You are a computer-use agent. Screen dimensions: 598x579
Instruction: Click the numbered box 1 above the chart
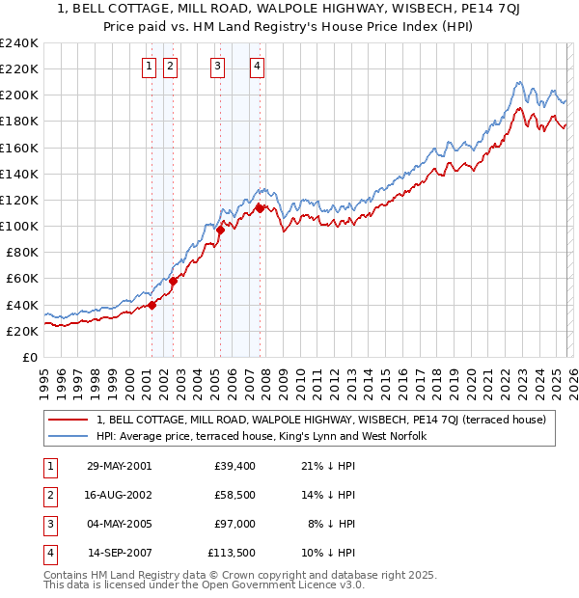tap(151, 67)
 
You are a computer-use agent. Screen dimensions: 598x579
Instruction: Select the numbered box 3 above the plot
tap(217, 67)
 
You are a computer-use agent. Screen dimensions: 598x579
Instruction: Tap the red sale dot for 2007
tap(260, 207)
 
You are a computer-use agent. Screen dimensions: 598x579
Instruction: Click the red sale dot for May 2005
tap(220, 230)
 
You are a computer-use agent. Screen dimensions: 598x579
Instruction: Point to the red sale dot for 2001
tap(152, 305)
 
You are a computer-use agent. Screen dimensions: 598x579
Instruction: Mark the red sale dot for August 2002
tap(174, 281)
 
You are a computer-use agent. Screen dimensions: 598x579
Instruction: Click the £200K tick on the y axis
tap(18, 95)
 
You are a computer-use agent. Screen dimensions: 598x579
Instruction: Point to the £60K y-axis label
tap(21, 279)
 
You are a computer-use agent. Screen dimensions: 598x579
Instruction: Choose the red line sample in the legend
tap(69, 420)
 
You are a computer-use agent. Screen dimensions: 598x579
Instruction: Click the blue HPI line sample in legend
tap(69, 436)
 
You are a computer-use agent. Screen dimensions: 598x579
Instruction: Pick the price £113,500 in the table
tap(231, 553)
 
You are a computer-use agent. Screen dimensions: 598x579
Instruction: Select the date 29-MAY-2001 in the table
tap(119, 466)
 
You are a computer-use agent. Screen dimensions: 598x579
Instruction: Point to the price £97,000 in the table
tap(234, 524)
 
